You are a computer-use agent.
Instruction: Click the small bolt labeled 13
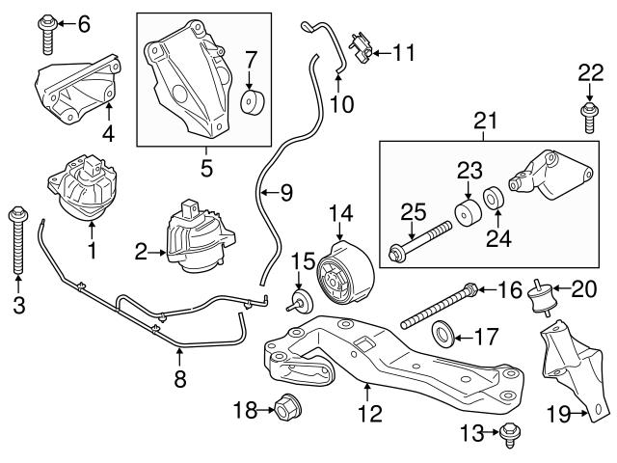click(x=506, y=438)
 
